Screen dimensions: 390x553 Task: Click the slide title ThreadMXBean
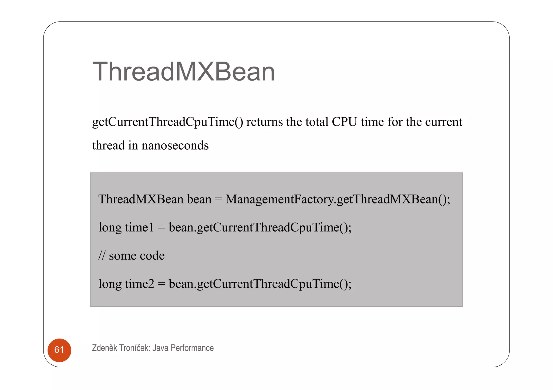click(x=183, y=72)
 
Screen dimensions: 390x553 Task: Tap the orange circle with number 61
click(x=59, y=350)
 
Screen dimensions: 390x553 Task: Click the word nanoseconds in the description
click(x=175, y=146)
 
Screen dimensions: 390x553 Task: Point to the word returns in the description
click(x=265, y=122)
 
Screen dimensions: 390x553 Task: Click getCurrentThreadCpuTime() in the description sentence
click(x=167, y=122)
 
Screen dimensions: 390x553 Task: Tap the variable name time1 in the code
click(x=139, y=227)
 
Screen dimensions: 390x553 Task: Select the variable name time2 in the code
click(x=139, y=284)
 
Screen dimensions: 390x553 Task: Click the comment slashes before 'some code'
click(x=102, y=256)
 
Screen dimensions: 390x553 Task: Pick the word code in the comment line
click(x=153, y=256)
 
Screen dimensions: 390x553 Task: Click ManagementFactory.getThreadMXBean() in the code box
click(x=338, y=199)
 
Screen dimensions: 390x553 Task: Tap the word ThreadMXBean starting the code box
click(x=141, y=199)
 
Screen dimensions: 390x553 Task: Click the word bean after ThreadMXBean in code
click(x=199, y=199)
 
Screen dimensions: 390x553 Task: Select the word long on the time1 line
click(x=110, y=227)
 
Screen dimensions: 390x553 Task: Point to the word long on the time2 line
click(x=110, y=284)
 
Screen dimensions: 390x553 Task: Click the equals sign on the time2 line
click(x=161, y=284)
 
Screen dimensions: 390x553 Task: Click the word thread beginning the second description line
click(x=108, y=146)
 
